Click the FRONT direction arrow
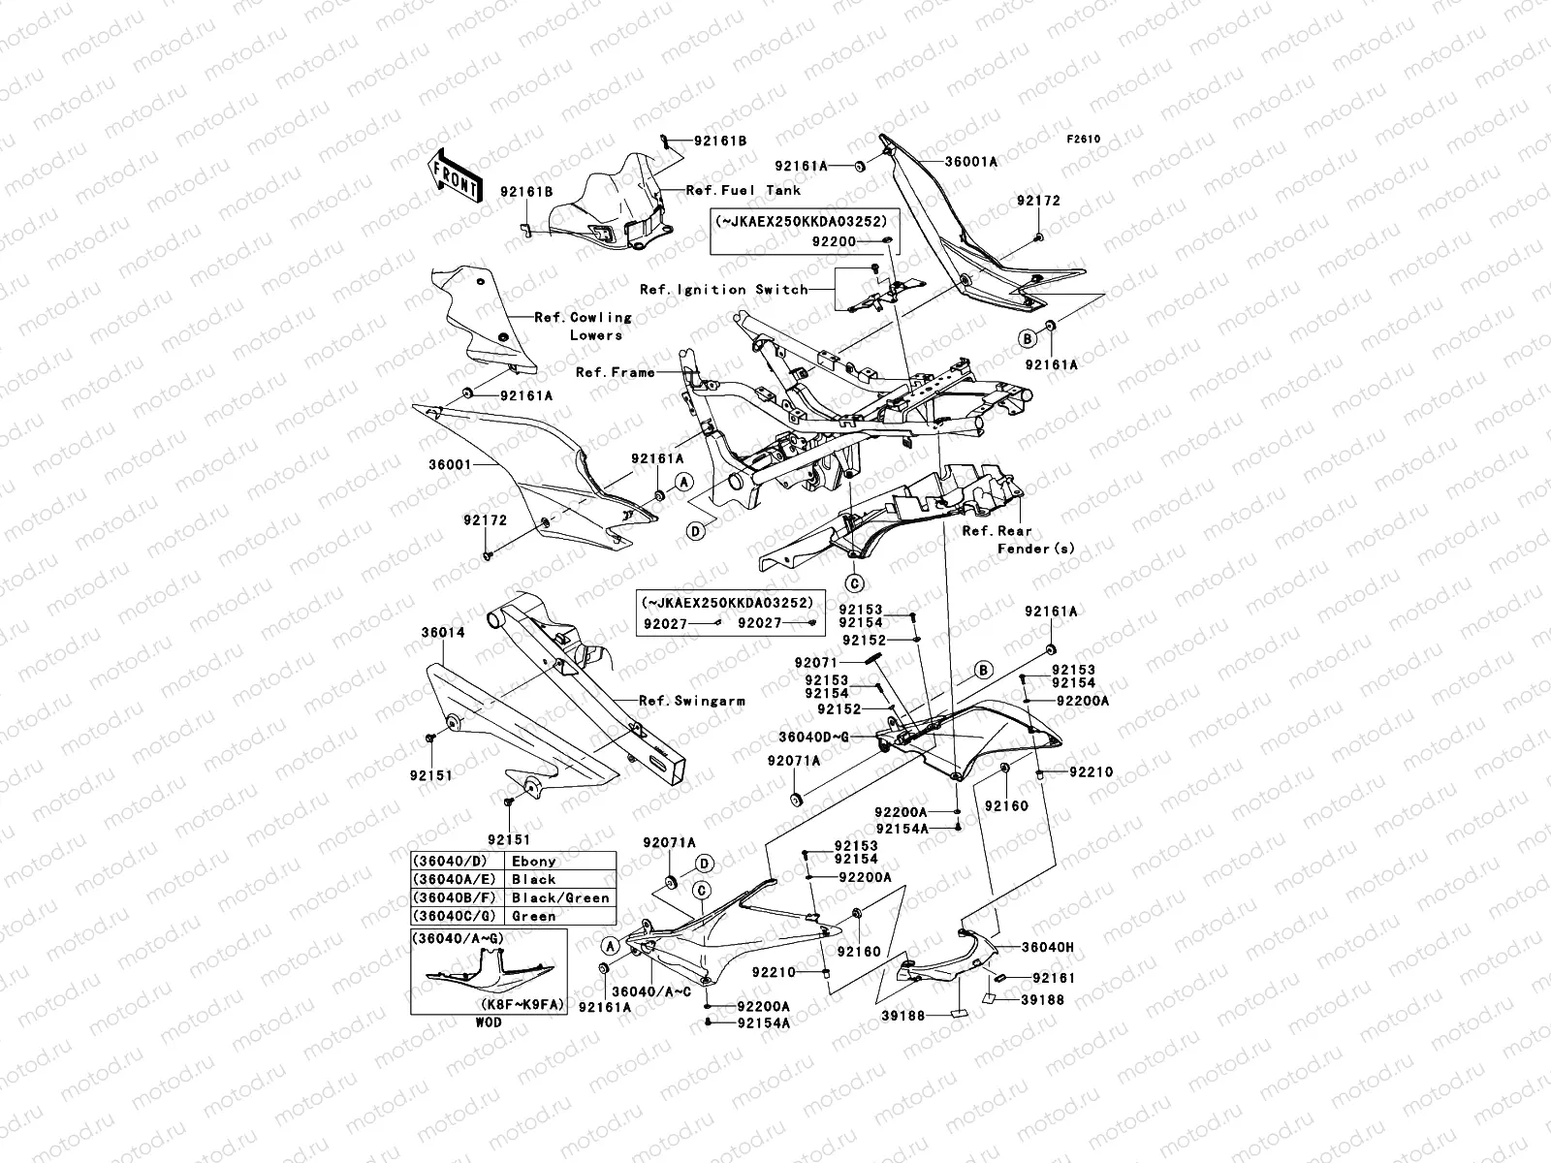click(455, 175)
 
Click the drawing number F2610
click(1085, 139)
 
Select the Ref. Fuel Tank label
click(744, 191)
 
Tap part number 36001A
click(972, 162)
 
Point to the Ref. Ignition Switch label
click(723, 289)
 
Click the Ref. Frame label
click(615, 372)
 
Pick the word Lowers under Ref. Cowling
click(596, 334)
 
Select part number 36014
click(442, 632)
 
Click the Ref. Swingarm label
click(691, 700)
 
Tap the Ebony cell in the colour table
click(534, 861)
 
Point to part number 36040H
click(1047, 947)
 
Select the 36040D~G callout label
click(813, 737)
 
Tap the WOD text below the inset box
click(490, 1022)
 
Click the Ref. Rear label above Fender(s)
click(997, 531)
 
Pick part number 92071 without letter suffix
click(815, 662)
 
